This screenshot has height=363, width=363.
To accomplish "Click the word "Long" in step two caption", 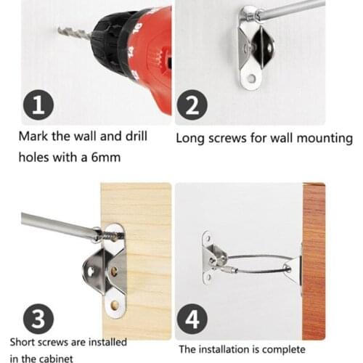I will [x=190, y=137].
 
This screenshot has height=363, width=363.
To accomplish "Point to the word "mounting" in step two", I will [x=326, y=137].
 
